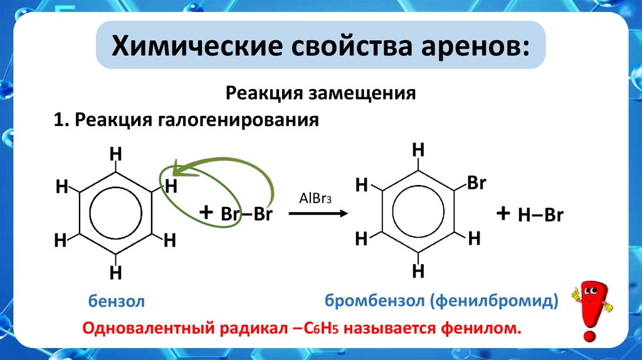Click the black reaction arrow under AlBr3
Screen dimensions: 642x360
pyautogui.click(x=318, y=214)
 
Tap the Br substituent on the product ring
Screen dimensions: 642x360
pyautogui.click(x=476, y=184)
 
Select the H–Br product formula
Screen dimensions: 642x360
pyautogui.click(x=540, y=215)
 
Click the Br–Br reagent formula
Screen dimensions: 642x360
pyautogui.click(x=246, y=214)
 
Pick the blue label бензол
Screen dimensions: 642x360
pyautogui.click(x=117, y=302)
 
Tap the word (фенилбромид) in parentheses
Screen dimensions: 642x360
pyautogui.click(x=493, y=301)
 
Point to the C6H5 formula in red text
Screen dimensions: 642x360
pyautogui.click(x=330, y=328)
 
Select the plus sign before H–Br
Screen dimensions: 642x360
pyautogui.click(x=502, y=213)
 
